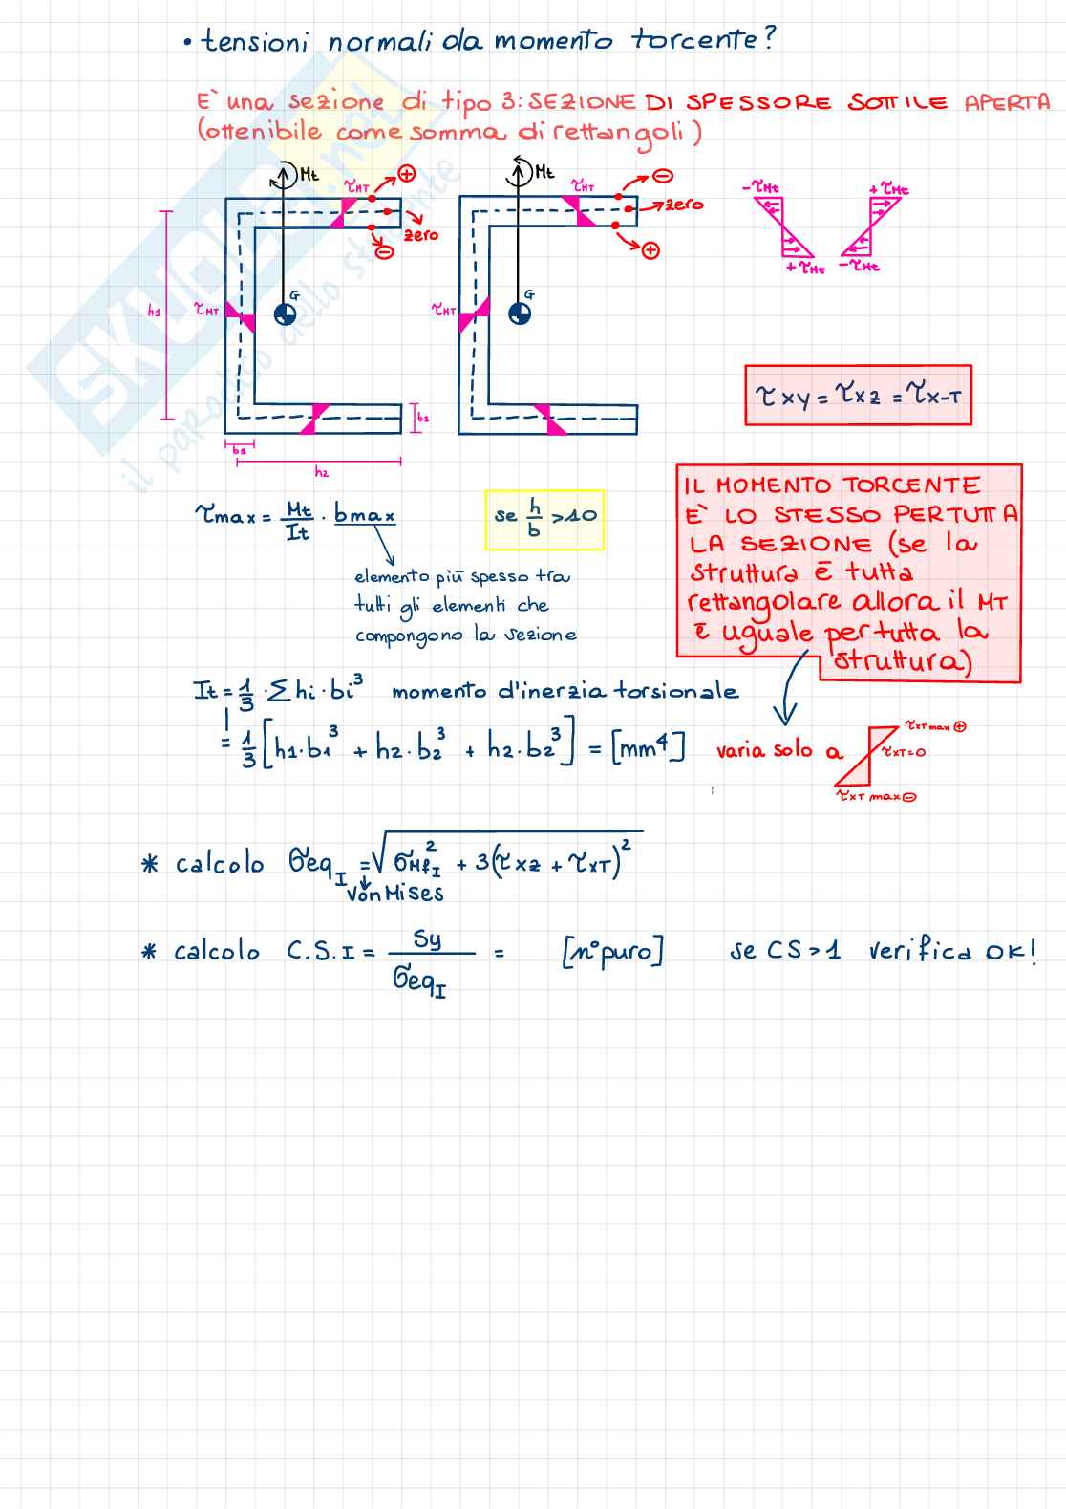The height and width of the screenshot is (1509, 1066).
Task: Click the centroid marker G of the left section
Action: (x=285, y=313)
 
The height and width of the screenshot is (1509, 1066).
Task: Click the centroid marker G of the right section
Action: (x=520, y=313)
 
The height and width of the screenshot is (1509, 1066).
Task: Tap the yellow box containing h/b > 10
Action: (x=544, y=519)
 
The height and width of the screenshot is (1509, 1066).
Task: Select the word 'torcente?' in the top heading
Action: (x=703, y=40)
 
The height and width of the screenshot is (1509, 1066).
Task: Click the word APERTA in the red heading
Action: (x=1007, y=102)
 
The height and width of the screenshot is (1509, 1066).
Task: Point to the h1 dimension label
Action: (x=155, y=311)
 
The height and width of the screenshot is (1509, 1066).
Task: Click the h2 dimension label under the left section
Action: (x=322, y=472)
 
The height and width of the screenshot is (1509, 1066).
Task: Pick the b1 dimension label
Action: (x=239, y=450)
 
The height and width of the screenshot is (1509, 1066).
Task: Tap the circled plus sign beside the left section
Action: (x=407, y=174)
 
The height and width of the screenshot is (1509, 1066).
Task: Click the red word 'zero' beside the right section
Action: (x=684, y=205)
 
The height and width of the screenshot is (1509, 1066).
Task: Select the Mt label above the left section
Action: (x=309, y=174)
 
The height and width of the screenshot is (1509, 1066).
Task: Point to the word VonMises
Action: (x=395, y=894)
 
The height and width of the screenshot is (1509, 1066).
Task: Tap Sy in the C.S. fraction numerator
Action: (x=427, y=938)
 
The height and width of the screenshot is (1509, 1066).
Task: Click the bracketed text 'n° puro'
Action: (x=612, y=952)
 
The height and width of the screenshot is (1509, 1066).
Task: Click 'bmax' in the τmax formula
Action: (x=364, y=515)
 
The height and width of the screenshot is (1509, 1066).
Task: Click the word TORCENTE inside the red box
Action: (x=911, y=485)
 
